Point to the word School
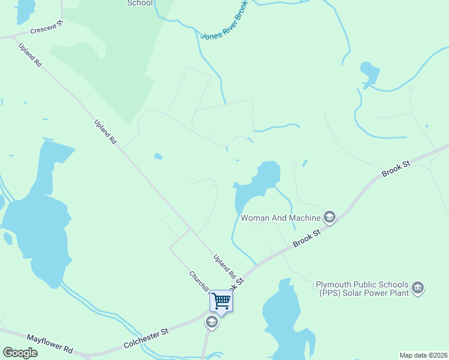click(140, 3)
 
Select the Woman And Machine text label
click(280, 218)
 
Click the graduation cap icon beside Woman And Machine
click(329, 217)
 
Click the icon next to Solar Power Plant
click(418, 289)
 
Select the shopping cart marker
click(221, 301)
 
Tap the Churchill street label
click(198, 283)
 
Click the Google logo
click(20, 353)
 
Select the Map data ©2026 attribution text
click(423, 355)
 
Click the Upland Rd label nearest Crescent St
click(30, 55)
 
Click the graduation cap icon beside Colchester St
click(211, 323)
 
